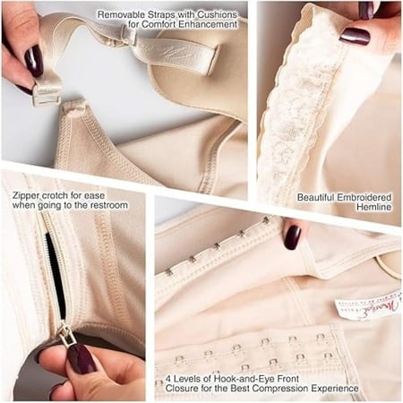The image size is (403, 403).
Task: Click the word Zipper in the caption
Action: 26,196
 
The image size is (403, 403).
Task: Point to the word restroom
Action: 109,205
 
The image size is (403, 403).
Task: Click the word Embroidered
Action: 364,197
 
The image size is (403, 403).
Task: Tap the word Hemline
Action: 374,207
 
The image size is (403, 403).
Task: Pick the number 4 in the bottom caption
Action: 169,379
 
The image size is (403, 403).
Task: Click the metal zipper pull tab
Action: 65,336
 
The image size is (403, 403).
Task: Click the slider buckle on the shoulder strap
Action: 129,35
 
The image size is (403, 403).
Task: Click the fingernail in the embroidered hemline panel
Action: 355,36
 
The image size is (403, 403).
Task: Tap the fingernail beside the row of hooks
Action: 292,237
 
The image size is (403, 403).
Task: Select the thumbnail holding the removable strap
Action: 33,61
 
